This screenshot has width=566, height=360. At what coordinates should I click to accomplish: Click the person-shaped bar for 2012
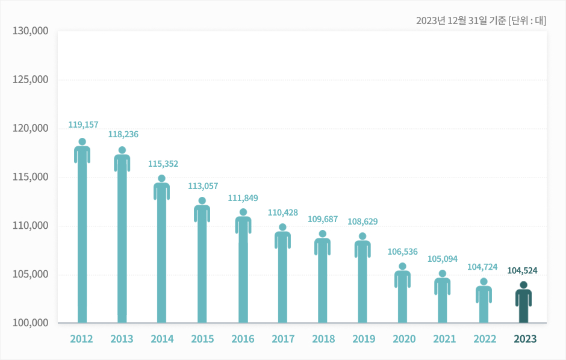pyautogui.click(x=82, y=235)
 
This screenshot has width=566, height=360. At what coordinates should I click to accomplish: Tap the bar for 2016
pyautogui.click(x=243, y=271)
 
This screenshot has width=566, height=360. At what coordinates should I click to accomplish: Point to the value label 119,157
pyautogui.click(x=83, y=125)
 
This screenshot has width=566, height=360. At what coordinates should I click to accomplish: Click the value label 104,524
pyautogui.click(x=522, y=271)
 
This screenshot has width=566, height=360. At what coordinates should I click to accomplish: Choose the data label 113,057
pyautogui.click(x=203, y=186)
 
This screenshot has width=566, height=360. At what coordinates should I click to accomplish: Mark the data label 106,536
pyautogui.click(x=402, y=252)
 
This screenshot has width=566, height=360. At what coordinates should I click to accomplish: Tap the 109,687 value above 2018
pyautogui.click(x=322, y=220)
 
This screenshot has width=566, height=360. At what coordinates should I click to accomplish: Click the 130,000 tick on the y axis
pyautogui.click(x=31, y=31)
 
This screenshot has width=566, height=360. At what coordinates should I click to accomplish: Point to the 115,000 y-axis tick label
pyautogui.click(x=31, y=177)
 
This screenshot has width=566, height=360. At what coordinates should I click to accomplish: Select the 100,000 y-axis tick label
pyautogui.click(x=31, y=323)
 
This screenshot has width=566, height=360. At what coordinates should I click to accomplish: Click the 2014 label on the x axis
pyautogui.click(x=162, y=339)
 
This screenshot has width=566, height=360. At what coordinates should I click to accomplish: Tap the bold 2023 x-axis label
pyautogui.click(x=524, y=339)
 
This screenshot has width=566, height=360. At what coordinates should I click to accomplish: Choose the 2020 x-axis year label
pyautogui.click(x=404, y=339)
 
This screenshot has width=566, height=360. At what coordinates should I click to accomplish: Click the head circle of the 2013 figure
pyautogui.click(x=122, y=150)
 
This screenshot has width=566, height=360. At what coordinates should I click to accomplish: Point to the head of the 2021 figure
pyautogui.click(x=443, y=273)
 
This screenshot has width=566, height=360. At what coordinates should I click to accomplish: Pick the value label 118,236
pyautogui.click(x=123, y=134)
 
